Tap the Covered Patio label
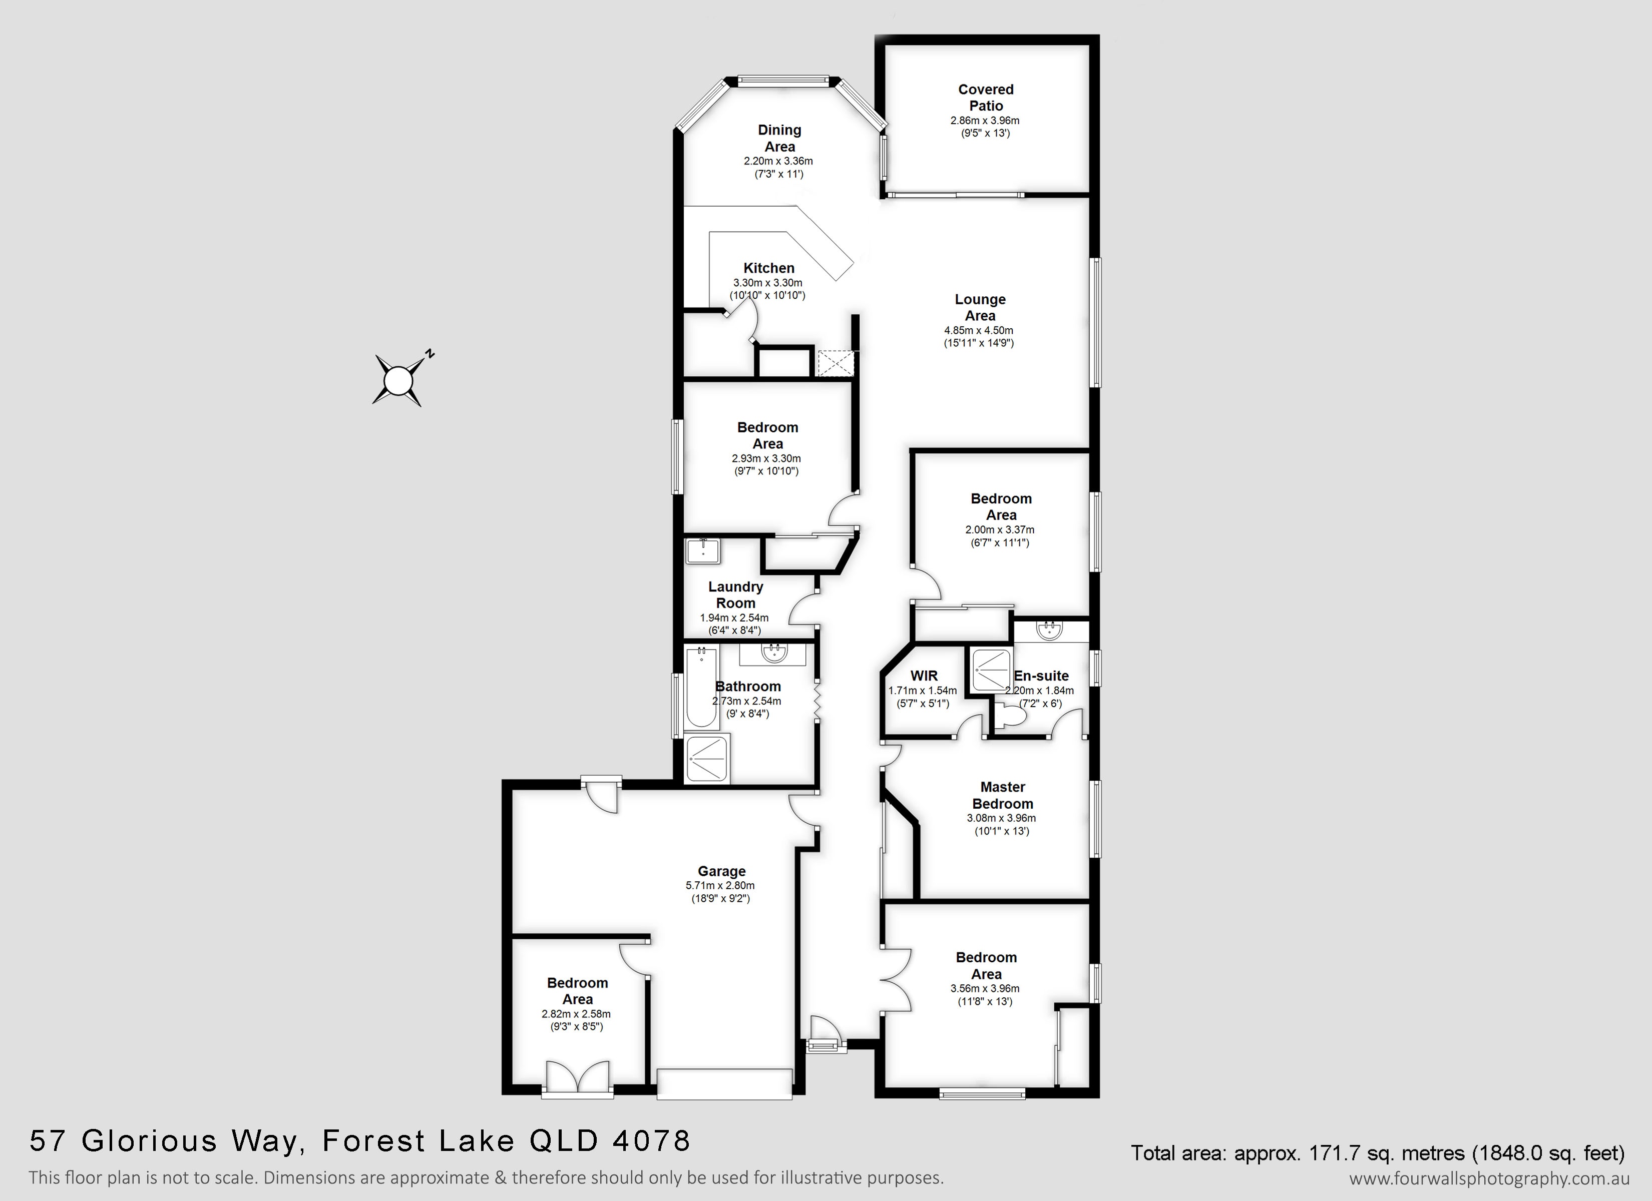pyautogui.click(x=986, y=97)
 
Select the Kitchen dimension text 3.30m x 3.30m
pyautogui.click(x=768, y=283)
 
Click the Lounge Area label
pyautogui.click(x=980, y=307)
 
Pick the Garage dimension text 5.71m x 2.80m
pyautogui.click(x=720, y=886)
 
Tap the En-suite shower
pyautogui.click(x=991, y=669)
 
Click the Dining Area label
pyautogui.click(x=779, y=138)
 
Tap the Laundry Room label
pyautogui.click(x=736, y=594)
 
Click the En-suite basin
pyautogui.click(x=1050, y=630)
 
